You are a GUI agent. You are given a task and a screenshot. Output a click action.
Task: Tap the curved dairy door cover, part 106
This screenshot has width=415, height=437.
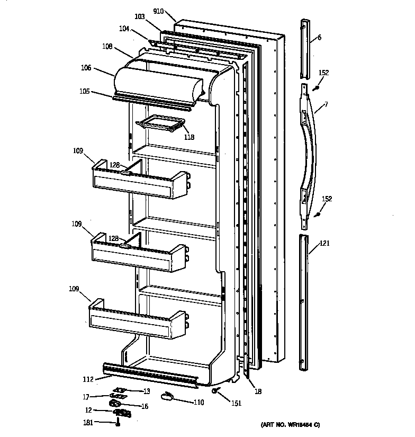coord(159,82)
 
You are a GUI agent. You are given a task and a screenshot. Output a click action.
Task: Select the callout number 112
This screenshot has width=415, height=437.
coord(87,379)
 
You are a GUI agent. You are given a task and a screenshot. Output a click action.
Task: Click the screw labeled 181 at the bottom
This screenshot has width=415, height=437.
coord(119,422)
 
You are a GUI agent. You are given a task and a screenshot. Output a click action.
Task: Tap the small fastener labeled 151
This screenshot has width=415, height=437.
coord(216,391)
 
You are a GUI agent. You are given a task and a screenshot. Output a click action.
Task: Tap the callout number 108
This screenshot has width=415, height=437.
coord(107,47)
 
